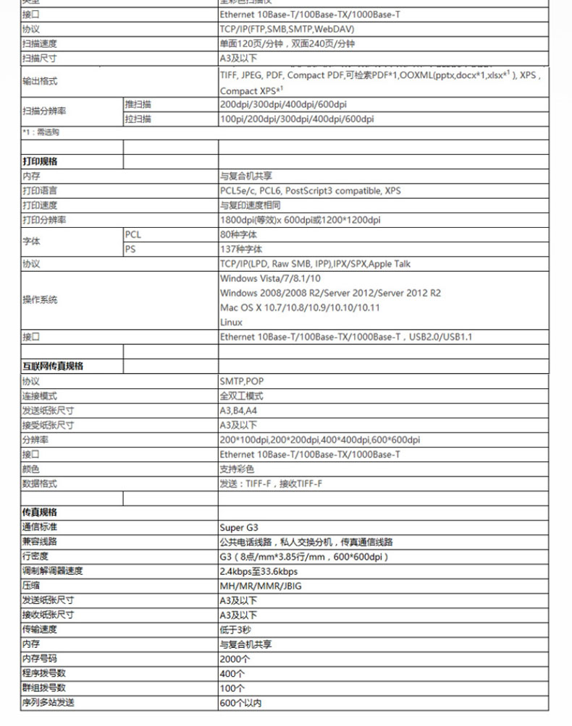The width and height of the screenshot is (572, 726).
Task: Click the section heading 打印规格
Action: pos(40,161)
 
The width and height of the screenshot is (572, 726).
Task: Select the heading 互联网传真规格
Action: pos(53,366)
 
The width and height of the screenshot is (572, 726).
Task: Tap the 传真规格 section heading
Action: pos(40,512)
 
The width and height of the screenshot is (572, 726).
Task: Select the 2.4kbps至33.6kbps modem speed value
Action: pos(258,571)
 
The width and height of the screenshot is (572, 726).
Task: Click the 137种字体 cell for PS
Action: pos(238,249)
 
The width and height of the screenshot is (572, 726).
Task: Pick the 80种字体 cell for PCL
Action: pos(238,234)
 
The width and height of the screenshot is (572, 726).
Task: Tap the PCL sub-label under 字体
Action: pos(133,234)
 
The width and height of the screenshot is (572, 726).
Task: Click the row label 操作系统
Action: pos(40,299)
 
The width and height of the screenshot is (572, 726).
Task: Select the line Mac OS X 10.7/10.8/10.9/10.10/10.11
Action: pos(300,307)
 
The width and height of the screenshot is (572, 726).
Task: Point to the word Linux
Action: pos(231,323)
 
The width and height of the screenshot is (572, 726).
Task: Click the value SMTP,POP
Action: pos(241,381)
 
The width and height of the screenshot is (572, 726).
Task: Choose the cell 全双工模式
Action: pos(241,396)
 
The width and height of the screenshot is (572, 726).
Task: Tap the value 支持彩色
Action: pos(237,469)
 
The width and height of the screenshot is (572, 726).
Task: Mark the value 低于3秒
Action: pos(235,629)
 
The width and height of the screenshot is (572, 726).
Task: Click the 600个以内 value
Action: pos(240,702)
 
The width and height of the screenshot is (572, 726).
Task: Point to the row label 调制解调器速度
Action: pos(53,571)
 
